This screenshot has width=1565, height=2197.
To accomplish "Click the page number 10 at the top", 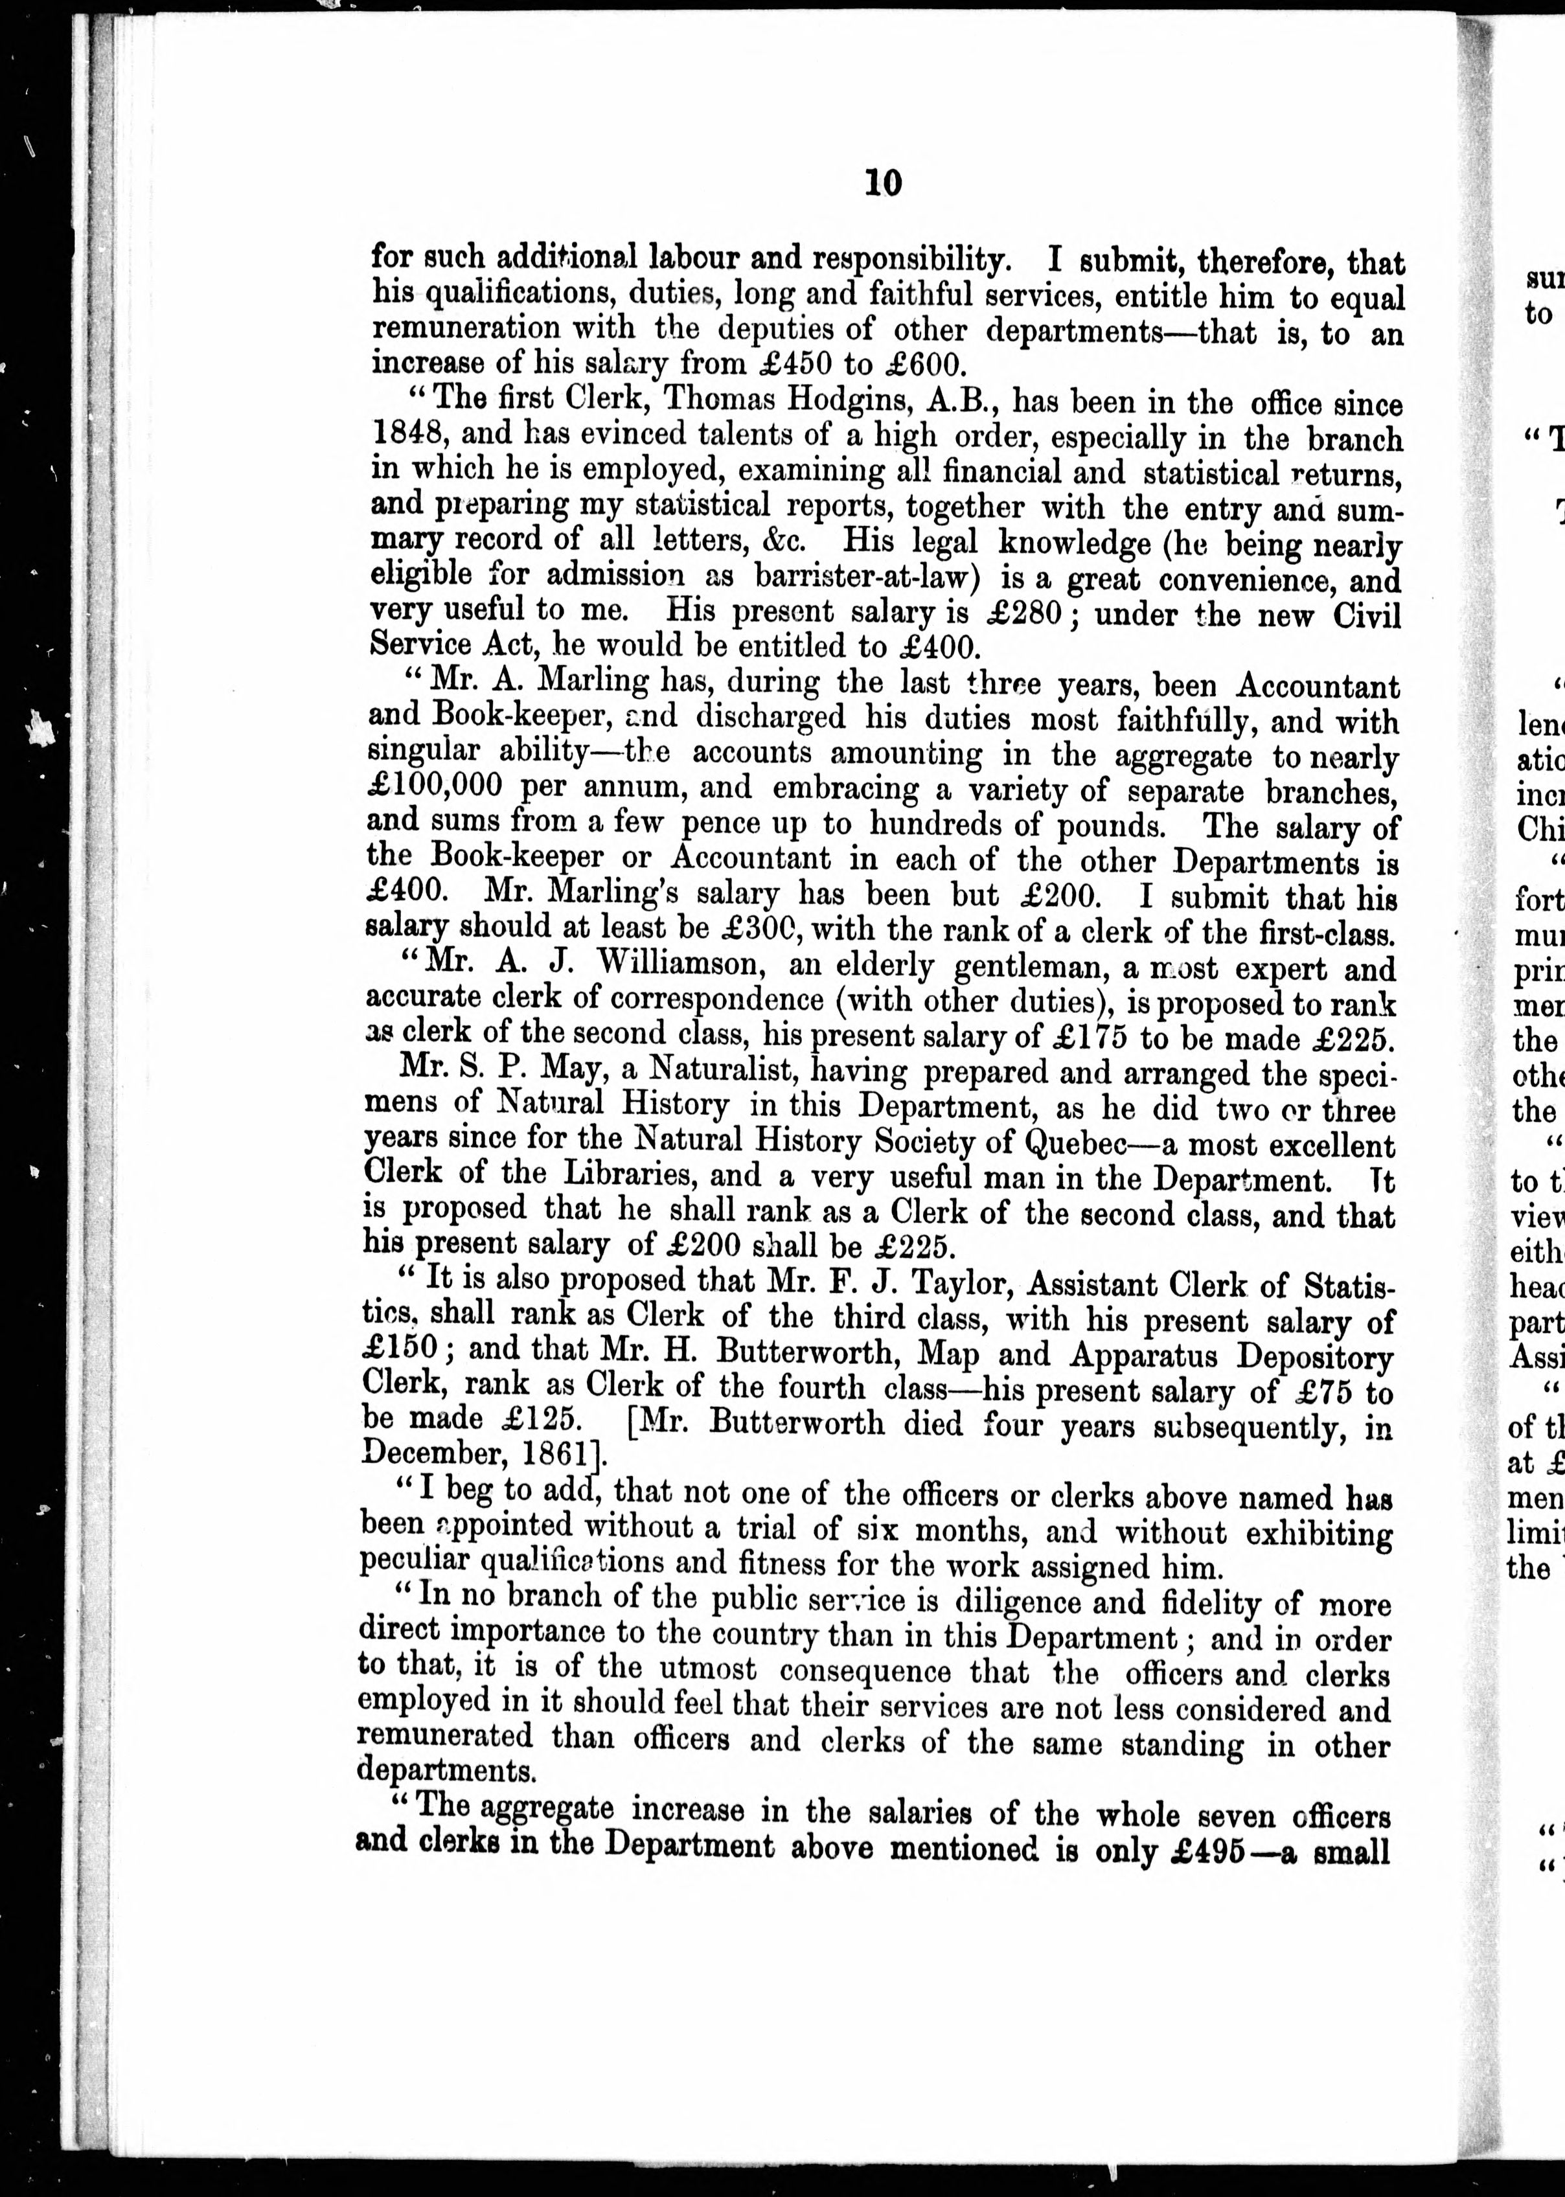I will (883, 182).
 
